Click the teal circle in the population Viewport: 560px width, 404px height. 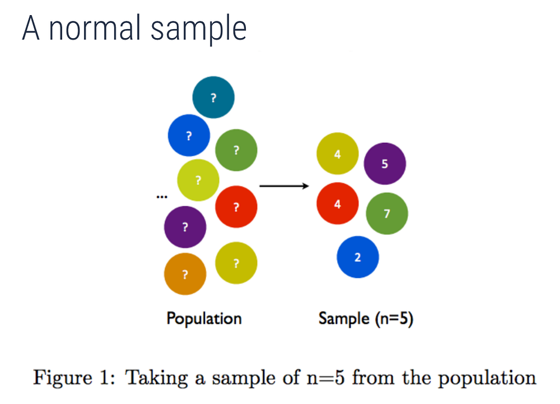click(x=213, y=97)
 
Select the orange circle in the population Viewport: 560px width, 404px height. click(x=185, y=274)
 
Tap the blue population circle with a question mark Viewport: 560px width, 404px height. click(x=189, y=135)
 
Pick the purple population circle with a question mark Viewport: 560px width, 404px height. click(x=185, y=227)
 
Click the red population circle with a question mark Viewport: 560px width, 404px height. click(x=236, y=207)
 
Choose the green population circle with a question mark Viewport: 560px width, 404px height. click(x=236, y=150)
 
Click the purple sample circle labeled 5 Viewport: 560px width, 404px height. click(x=385, y=164)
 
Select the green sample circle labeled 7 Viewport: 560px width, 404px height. click(x=387, y=213)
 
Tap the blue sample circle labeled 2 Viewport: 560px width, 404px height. click(x=357, y=257)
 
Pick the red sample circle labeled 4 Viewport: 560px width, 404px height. click(x=338, y=203)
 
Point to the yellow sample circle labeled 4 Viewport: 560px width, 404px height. click(x=338, y=154)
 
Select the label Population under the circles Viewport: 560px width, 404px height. click(x=204, y=318)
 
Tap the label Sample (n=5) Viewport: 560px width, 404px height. click(x=366, y=318)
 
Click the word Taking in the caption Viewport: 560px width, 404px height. click(x=153, y=378)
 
